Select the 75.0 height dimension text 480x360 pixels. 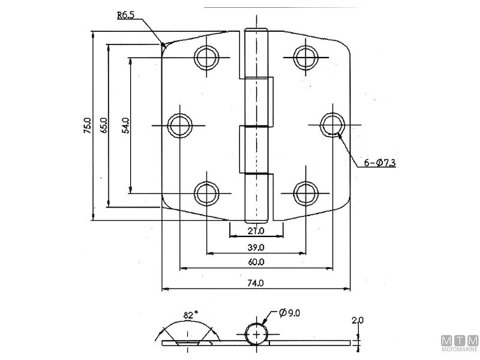pyautogui.click(x=87, y=127)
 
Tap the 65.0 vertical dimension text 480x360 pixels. pyautogui.click(x=104, y=126)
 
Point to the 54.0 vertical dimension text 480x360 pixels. pyautogui.click(x=125, y=126)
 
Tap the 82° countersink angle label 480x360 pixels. pyautogui.click(x=190, y=315)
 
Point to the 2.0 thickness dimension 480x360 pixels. pyautogui.click(x=358, y=321)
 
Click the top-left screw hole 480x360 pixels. pyautogui.click(x=206, y=57)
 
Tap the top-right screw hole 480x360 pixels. pyautogui.click(x=305, y=57)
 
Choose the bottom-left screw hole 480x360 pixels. pyautogui.click(x=206, y=193)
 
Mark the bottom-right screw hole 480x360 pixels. pyautogui.click(x=305, y=193)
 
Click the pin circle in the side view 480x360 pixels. pyautogui.click(x=256, y=334)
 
